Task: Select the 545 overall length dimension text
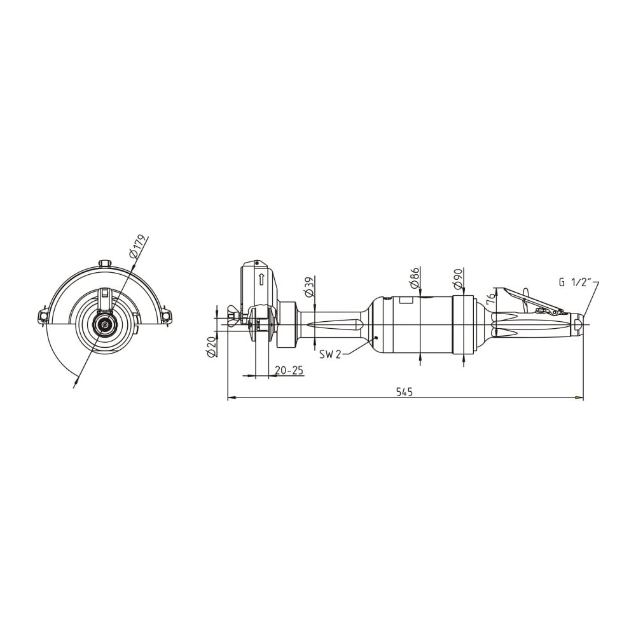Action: click(404, 392)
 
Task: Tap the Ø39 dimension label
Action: click(309, 287)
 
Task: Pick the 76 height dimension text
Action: click(491, 296)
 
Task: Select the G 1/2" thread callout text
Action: click(576, 283)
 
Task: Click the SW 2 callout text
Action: click(329, 354)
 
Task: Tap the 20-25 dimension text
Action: click(289, 370)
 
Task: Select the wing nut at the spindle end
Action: click(234, 315)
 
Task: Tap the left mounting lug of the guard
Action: click(43, 315)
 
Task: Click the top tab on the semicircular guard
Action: click(106, 264)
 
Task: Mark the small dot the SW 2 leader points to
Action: click(377, 338)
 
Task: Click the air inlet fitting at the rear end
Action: click(577, 324)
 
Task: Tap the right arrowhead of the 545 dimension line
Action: click(579, 398)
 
